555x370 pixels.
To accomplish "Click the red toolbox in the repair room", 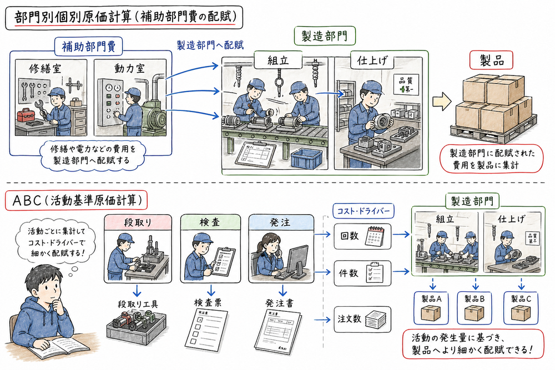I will coord(26,115).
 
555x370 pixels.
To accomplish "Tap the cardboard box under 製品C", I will coord(521,315).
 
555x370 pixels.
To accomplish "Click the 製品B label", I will coord(476,298).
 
